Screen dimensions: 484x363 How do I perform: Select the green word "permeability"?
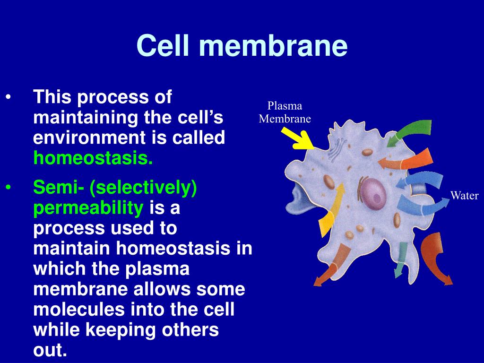tap(88, 208)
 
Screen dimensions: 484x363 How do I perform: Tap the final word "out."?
tap(50, 350)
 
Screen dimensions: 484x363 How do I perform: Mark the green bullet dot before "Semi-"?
tap(9, 188)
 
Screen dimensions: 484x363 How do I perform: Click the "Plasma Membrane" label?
tap(285, 112)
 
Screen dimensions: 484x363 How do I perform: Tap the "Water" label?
tap(464, 196)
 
